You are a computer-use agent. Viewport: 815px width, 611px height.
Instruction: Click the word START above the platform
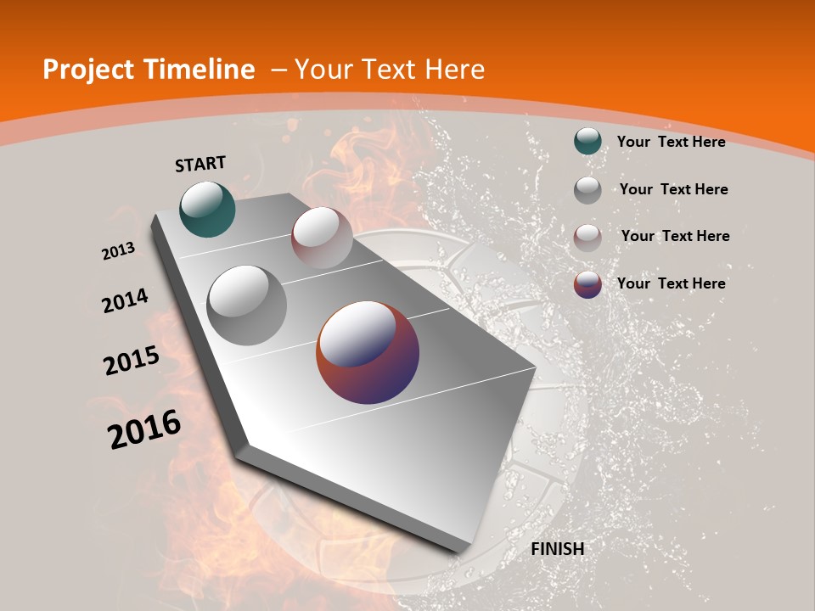[x=200, y=164]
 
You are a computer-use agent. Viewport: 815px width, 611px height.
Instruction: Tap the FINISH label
[x=557, y=549]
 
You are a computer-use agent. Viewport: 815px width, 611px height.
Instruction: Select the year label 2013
[x=118, y=251]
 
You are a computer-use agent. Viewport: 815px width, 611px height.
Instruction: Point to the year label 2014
[x=125, y=301]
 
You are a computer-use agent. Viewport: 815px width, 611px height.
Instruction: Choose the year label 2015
[x=131, y=361]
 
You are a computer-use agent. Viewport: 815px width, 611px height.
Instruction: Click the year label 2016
[x=144, y=429]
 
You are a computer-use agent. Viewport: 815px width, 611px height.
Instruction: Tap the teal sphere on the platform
[x=207, y=209]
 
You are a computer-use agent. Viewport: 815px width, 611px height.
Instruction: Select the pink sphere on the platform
[x=322, y=238]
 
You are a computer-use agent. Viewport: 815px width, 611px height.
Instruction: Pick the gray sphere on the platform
[x=247, y=305]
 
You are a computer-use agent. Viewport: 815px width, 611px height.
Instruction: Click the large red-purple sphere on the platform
[x=368, y=352]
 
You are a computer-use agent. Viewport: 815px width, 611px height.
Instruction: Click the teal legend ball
[x=587, y=142]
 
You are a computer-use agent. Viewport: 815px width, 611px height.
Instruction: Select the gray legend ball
[x=587, y=190]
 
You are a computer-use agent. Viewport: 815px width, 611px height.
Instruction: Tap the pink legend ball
[x=587, y=238]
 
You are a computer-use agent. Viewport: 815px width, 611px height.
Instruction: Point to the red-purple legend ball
[x=587, y=284]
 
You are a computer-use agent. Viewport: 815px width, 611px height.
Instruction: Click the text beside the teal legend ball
[x=671, y=142]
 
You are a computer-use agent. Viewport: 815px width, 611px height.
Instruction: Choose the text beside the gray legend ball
[x=673, y=189]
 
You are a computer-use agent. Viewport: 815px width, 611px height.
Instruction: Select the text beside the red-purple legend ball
[x=671, y=283]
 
